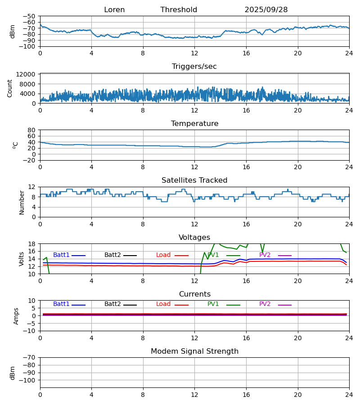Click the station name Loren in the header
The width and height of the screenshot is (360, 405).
tap(114, 10)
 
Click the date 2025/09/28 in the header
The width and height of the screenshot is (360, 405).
tap(266, 10)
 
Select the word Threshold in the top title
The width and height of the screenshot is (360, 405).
tap(179, 10)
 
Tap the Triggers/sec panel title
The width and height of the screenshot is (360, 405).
tap(194, 67)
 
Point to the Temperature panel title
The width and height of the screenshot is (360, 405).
tap(194, 124)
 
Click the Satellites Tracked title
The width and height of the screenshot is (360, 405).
tap(194, 180)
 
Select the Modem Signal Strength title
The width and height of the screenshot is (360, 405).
tap(194, 351)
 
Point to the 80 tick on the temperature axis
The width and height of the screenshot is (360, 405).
tap(32, 130)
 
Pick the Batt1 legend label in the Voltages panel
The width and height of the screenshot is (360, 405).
tap(61, 255)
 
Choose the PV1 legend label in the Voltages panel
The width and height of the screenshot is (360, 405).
tap(213, 255)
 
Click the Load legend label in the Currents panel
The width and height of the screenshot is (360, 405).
tap(163, 304)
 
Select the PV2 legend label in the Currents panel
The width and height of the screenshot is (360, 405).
tap(265, 304)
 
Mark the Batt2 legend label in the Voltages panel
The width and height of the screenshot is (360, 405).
tap(112, 255)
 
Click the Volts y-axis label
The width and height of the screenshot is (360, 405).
tap(22, 259)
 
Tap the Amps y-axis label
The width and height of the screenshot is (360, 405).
tap(17, 316)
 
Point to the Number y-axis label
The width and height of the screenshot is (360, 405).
tap(22, 202)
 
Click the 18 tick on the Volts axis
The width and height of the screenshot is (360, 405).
tap(32, 244)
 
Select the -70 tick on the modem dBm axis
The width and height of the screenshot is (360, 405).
tap(30, 357)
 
